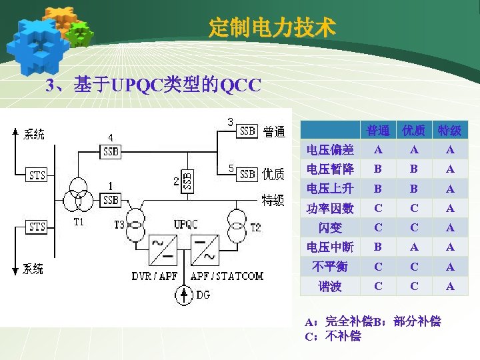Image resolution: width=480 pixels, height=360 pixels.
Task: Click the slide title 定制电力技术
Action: click(x=272, y=28)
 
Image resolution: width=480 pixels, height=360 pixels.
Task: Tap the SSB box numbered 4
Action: click(x=111, y=152)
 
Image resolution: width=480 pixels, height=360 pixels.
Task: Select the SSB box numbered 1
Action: click(x=110, y=199)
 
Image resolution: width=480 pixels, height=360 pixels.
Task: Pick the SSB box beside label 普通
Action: click(x=248, y=131)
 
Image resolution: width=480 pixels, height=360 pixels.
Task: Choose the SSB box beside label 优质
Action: click(x=248, y=174)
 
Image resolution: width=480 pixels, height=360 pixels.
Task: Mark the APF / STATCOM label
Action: click(x=227, y=275)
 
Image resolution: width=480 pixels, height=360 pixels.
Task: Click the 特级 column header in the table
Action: click(x=450, y=130)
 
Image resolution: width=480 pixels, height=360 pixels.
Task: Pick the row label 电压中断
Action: click(x=330, y=247)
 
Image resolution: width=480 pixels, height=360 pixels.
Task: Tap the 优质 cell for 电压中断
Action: click(x=414, y=247)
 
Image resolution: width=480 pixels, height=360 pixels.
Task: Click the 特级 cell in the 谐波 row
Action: click(x=450, y=287)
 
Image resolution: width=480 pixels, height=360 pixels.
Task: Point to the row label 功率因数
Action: click(x=330, y=209)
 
